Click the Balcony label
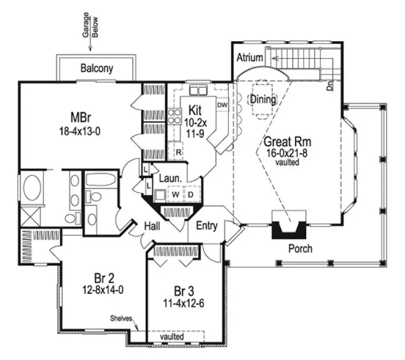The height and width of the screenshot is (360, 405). [97, 68]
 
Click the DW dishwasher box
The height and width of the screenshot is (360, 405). [221, 105]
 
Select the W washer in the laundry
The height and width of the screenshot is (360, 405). [176, 194]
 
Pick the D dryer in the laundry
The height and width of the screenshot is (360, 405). [191, 194]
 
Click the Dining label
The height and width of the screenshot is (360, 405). [262, 100]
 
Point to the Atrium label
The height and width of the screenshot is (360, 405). [250, 57]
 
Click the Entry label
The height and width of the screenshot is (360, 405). [207, 226]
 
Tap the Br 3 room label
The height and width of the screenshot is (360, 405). [185, 288]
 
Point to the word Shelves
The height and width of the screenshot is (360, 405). [121, 318]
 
